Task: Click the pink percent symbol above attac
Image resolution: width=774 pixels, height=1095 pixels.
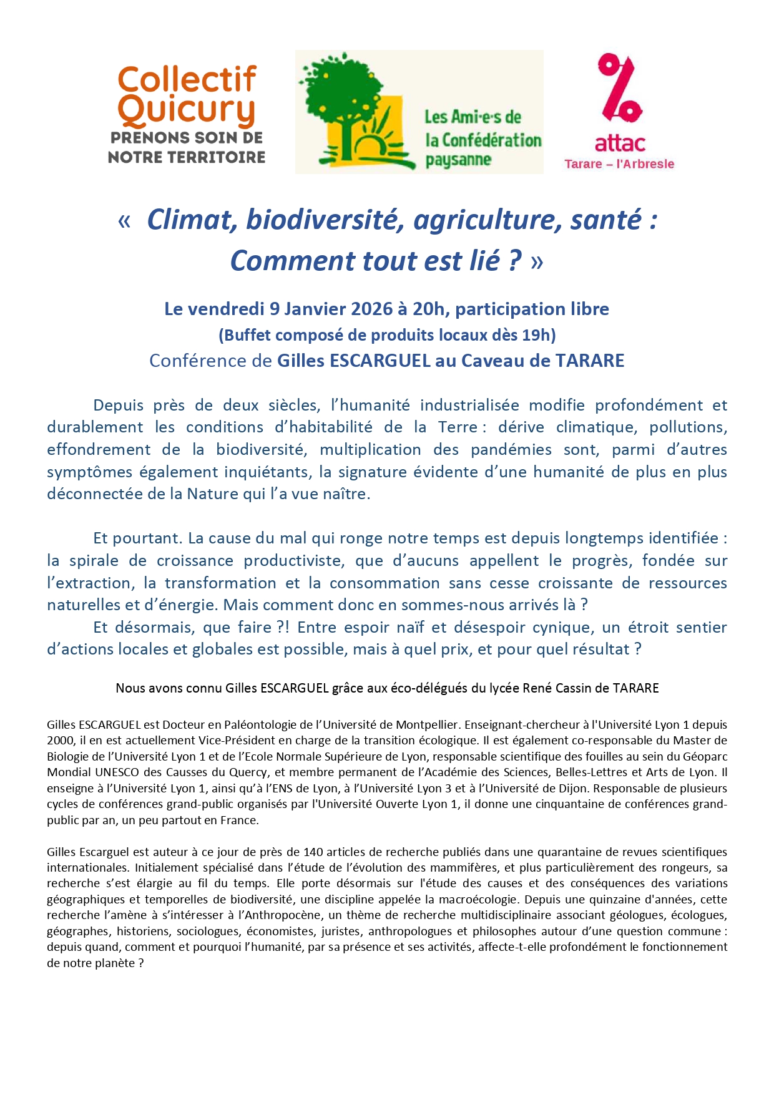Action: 619,88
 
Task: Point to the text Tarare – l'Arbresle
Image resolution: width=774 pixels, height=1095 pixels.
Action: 619,164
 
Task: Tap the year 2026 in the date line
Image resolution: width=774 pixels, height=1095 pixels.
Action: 371,309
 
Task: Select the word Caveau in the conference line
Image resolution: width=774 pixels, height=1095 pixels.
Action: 489,361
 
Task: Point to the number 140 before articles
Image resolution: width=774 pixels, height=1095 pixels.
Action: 313,852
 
